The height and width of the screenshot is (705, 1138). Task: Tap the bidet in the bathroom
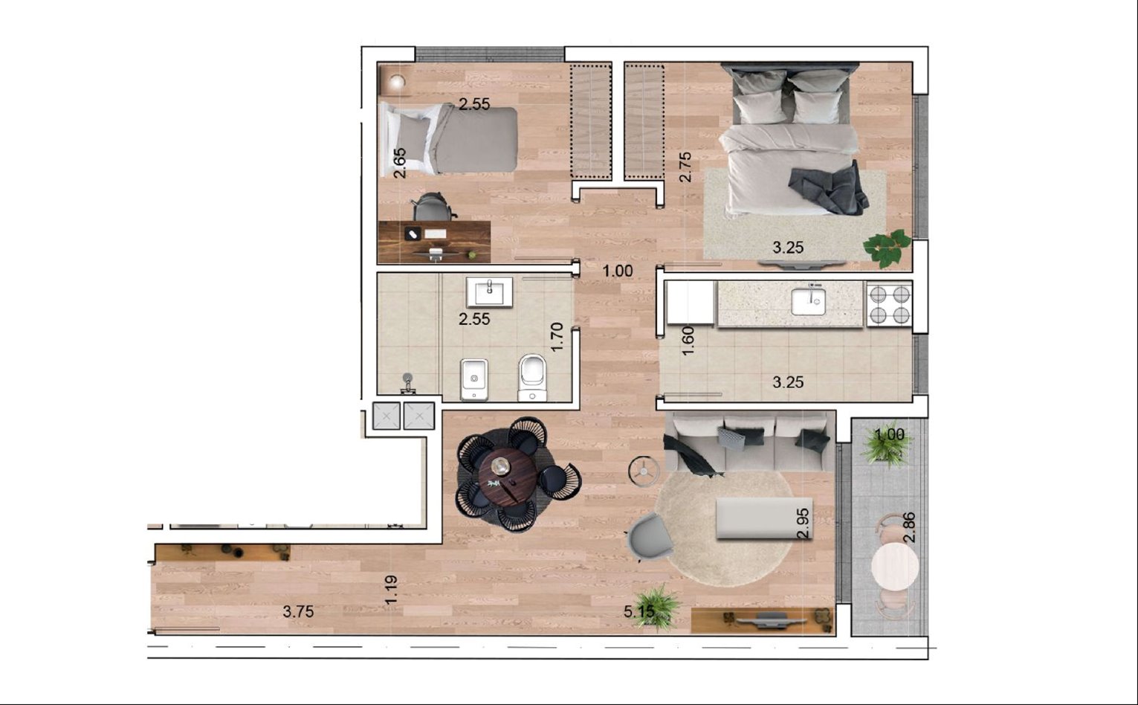pyautogui.click(x=474, y=380)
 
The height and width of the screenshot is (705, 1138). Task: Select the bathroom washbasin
pyautogui.click(x=489, y=292)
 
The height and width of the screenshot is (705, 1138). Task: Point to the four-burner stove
pyautogui.click(x=890, y=304)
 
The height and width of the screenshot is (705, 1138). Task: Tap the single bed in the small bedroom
pyautogui.click(x=449, y=139)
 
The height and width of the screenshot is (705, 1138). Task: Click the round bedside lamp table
pyautogui.click(x=397, y=81)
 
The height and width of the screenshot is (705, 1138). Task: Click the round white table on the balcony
pyautogui.click(x=895, y=566)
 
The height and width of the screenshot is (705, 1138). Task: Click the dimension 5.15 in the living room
pyautogui.click(x=639, y=611)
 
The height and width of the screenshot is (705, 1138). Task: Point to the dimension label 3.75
pyautogui.click(x=298, y=611)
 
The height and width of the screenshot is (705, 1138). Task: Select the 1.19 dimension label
pyautogui.click(x=391, y=590)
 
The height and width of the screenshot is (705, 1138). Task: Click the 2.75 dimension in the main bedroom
pyautogui.click(x=685, y=167)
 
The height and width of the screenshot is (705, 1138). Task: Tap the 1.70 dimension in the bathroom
pyautogui.click(x=557, y=336)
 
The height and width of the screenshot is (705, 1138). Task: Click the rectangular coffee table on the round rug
pyautogui.click(x=764, y=518)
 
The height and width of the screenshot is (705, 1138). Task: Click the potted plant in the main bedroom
pyautogui.click(x=887, y=248)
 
